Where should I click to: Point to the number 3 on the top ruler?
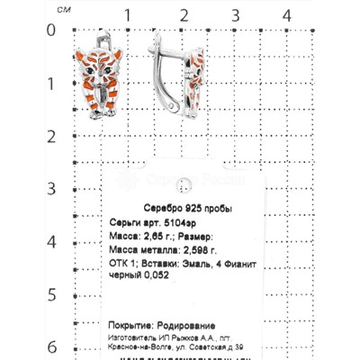(234, 14)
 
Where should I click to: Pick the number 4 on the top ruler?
(287, 14)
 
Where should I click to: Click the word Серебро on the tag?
(163, 209)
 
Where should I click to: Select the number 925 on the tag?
(194, 209)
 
